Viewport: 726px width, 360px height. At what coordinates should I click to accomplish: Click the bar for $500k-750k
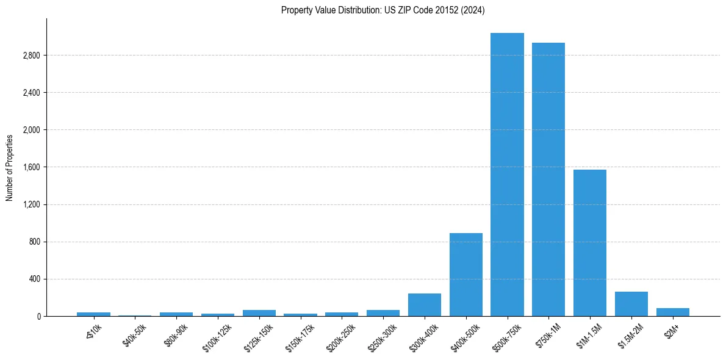(507, 175)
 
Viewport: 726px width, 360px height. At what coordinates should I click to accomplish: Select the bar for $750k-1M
(548, 179)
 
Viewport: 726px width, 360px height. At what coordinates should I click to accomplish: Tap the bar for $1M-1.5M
(590, 243)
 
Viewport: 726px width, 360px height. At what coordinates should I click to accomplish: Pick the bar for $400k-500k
(466, 275)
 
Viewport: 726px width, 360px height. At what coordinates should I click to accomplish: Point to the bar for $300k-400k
(425, 305)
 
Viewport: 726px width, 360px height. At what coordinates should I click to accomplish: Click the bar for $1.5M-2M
(631, 304)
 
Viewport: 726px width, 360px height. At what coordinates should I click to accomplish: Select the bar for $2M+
(673, 312)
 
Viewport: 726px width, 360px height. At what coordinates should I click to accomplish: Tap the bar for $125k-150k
(259, 313)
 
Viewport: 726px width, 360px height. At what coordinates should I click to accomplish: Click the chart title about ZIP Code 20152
(383, 10)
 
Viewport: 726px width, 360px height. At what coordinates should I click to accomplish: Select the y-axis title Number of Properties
(10, 167)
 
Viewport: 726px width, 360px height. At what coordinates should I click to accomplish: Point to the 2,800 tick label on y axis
(31, 56)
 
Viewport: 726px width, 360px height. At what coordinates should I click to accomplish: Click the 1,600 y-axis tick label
(31, 167)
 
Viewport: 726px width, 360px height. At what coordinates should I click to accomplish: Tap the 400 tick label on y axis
(34, 279)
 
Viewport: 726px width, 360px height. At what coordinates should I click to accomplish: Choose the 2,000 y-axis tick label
(31, 130)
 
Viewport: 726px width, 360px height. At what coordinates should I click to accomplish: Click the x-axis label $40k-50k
(135, 335)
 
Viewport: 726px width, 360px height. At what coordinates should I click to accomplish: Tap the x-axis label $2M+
(673, 333)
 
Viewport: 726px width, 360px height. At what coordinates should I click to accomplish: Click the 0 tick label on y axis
(38, 316)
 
